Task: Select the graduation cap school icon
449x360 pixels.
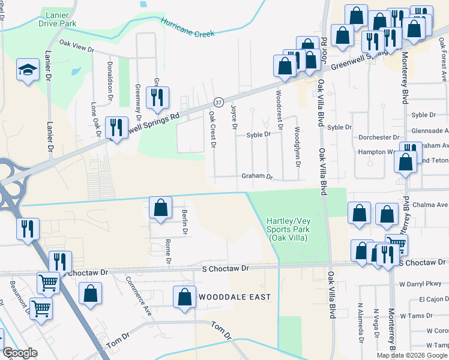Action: (28, 70)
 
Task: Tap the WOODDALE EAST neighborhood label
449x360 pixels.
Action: (235, 297)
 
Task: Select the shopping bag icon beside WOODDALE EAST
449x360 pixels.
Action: (184, 296)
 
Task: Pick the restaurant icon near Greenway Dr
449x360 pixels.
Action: (157, 97)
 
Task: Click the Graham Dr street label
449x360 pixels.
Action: (257, 177)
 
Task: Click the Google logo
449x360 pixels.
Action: (20, 353)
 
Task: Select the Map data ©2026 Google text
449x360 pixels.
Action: (412, 355)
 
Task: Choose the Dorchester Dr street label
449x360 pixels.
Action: (379, 137)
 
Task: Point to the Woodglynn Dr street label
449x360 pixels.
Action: (297, 146)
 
